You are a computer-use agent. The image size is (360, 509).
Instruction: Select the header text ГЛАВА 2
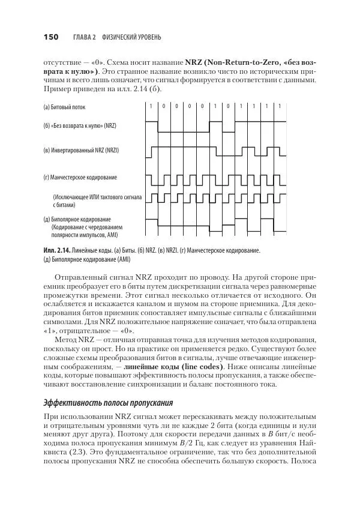(x=85, y=38)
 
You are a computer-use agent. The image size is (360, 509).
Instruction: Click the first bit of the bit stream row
(x=151, y=106)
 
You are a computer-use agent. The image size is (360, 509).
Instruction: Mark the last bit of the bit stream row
(x=280, y=106)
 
